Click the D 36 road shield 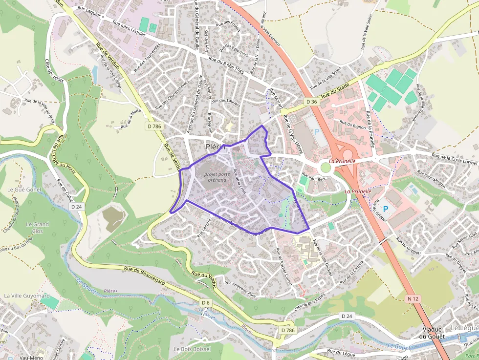311,102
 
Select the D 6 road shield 205,303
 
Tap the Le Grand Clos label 37,227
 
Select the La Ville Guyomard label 27,296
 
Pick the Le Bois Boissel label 192,349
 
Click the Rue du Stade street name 335,91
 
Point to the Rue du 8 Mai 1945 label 226,65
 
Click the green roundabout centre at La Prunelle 325,168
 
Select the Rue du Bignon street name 352,124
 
